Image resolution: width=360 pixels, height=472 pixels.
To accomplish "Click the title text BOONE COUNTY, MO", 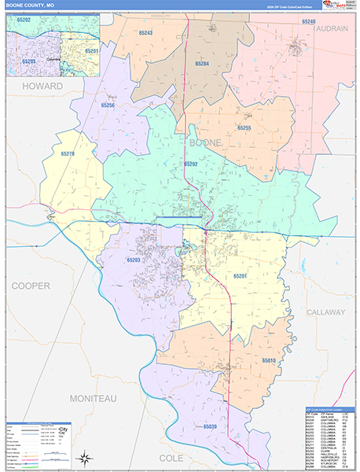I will click(31, 5).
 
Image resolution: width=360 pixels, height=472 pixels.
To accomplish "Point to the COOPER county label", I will click(31, 286).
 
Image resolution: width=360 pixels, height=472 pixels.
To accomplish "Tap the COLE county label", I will click(171, 457).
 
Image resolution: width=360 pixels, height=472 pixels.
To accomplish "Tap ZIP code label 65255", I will click(244, 127).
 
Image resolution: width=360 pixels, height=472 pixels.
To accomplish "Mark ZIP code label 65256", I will click(108, 105).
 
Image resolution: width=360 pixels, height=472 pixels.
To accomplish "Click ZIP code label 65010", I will click(269, 360).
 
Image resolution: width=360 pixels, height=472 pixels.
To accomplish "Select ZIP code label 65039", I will click(209, 426).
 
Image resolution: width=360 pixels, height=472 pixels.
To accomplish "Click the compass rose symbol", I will click(84, 456).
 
